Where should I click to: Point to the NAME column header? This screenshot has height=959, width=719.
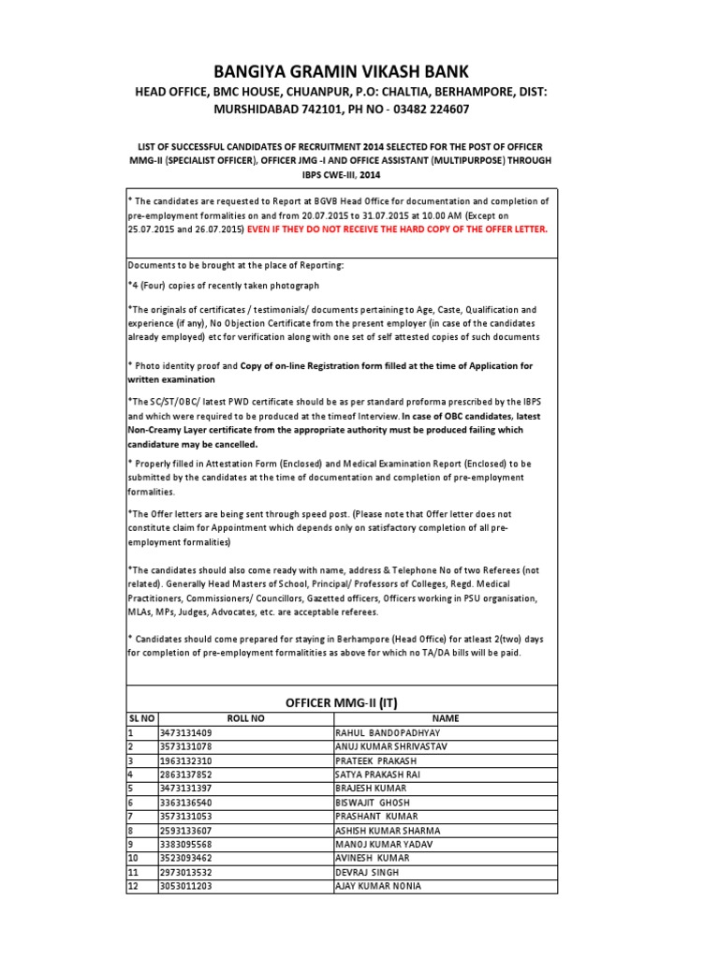pos(445,717)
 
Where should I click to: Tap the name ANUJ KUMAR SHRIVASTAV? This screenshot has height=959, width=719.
pos(396,746)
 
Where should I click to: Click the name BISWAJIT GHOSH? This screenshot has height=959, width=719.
pos(372,803)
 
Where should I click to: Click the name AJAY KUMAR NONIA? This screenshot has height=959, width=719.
pos(378,886)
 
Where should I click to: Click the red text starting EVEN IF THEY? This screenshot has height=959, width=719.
pos(397,229)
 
